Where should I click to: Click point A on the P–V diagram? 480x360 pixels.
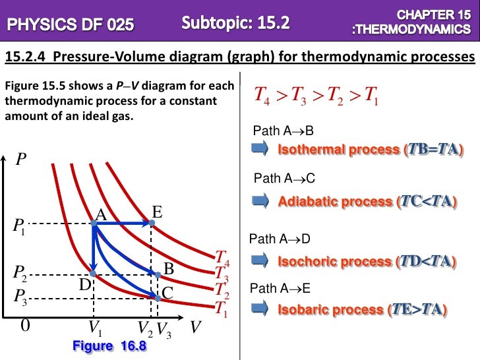pos(94,224)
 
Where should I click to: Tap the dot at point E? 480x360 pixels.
pos(152,224)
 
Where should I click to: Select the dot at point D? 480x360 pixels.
pos(94,274)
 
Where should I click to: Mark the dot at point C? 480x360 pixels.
pos(158,297)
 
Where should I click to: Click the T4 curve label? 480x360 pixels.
pos(222,257)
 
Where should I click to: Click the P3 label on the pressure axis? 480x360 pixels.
pos(20,295)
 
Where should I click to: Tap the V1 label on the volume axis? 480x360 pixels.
pos(95,328)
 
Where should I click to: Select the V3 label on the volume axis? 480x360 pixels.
pos(164,330)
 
